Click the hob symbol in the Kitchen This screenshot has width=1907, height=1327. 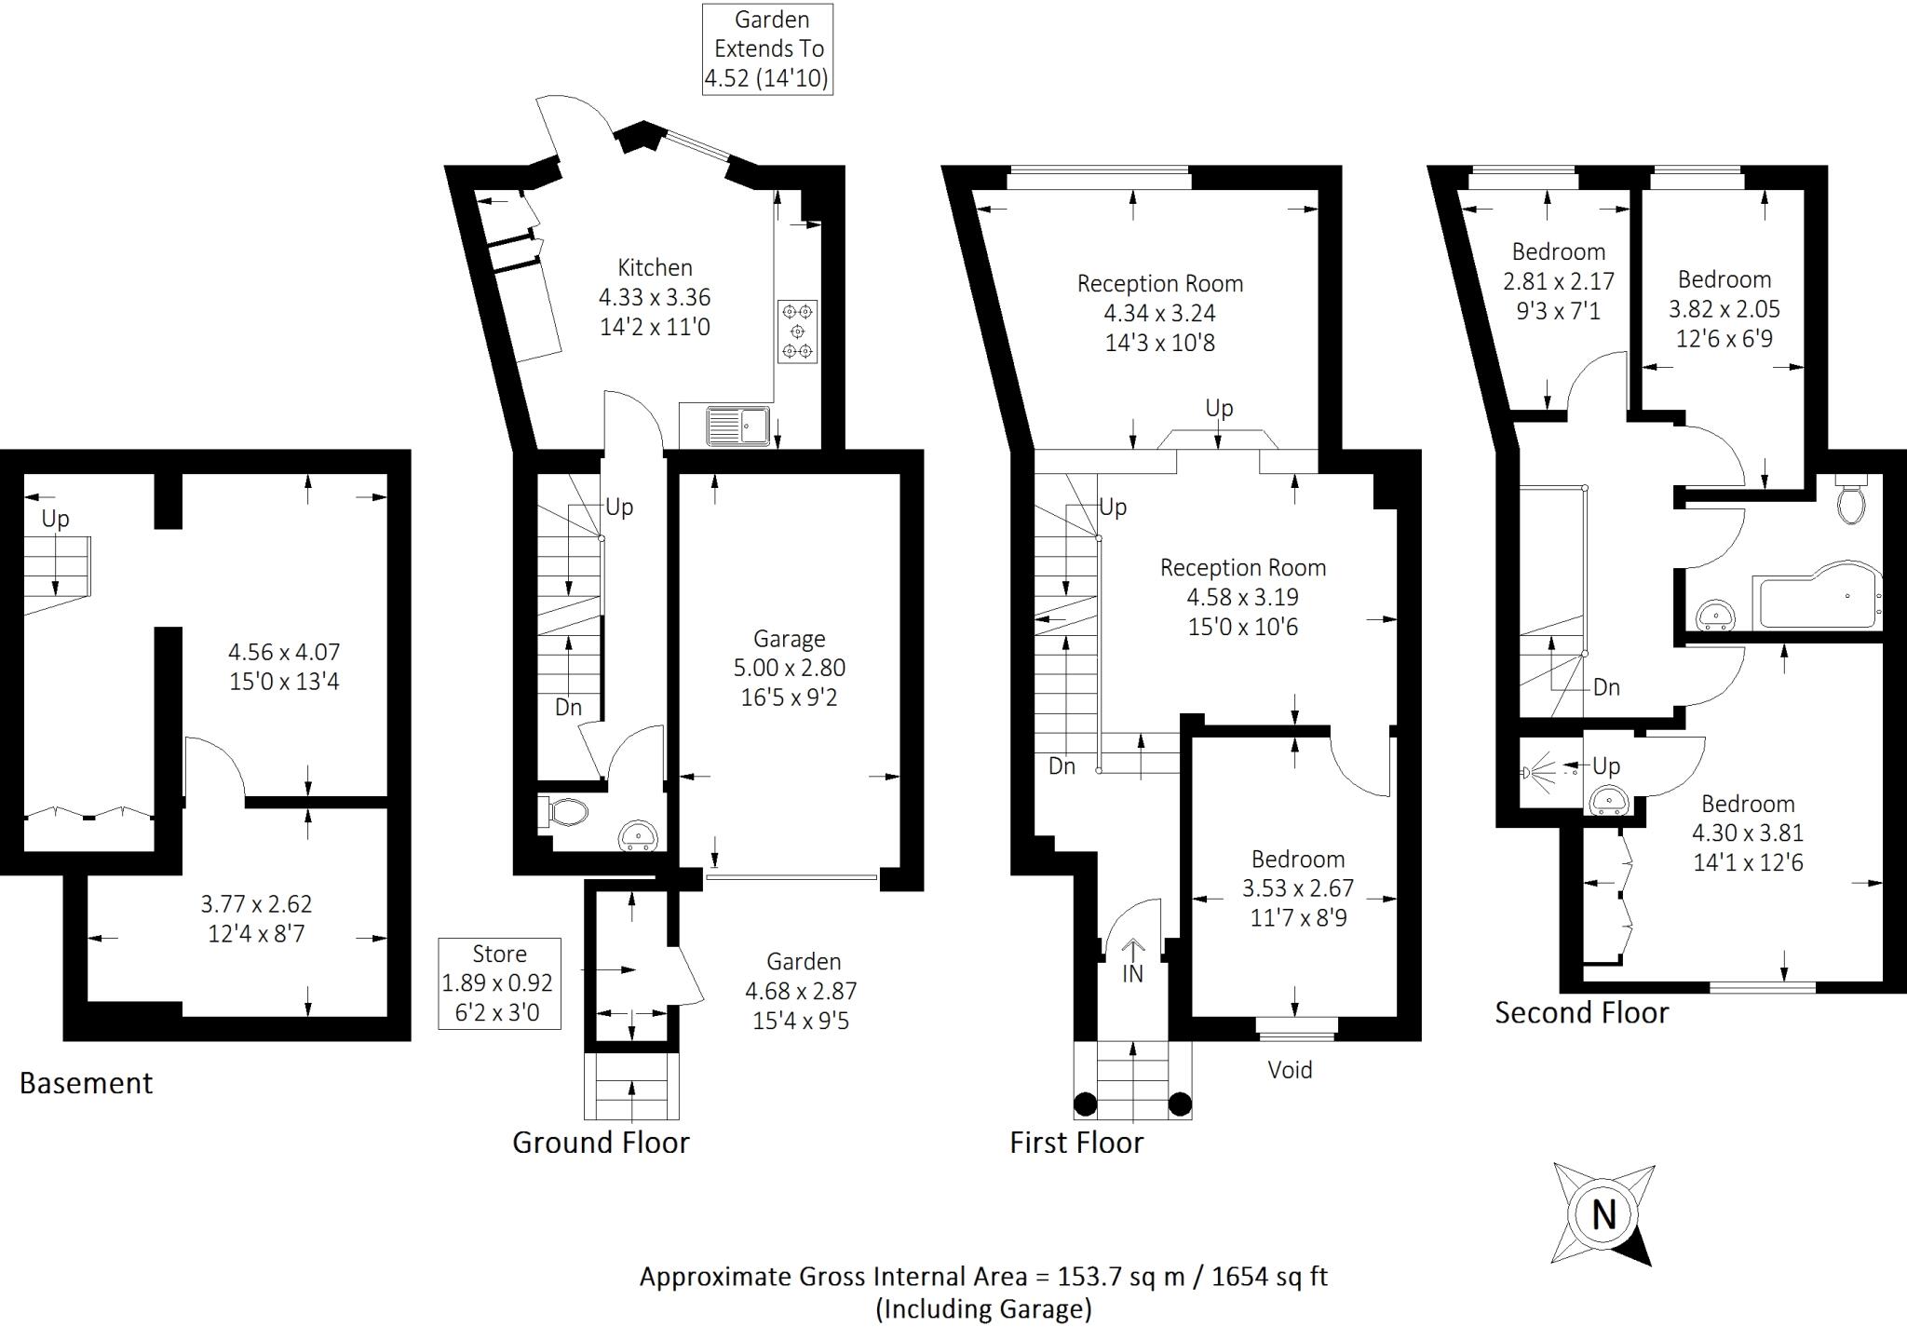tap(798, 332)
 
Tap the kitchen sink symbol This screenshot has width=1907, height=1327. tap(738, 427)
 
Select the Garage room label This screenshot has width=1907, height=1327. tap(790, 639)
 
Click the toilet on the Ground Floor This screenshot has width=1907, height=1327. tap(563, 813)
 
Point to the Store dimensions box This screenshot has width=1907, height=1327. tap(500, 983)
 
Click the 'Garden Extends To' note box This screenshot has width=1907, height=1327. tap(767, 49)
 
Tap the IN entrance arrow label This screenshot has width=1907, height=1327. tap(1132, 974)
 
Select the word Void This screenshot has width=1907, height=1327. tap(1291, 1070)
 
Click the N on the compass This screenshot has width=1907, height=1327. tap(1603, 1215)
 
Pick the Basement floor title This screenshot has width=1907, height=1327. tap(86, 1083)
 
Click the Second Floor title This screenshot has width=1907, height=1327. tap(1582, 1012)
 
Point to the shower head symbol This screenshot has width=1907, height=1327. tap(1539, 772)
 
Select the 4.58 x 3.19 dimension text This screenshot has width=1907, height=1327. tap(1243, 597)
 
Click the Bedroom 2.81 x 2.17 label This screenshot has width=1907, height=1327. tap(1559, 280)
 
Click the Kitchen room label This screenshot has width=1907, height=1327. tap(656, 268)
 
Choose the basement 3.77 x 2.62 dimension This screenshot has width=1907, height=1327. tap(256, 904)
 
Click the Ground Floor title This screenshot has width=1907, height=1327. tap(601, 1143)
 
